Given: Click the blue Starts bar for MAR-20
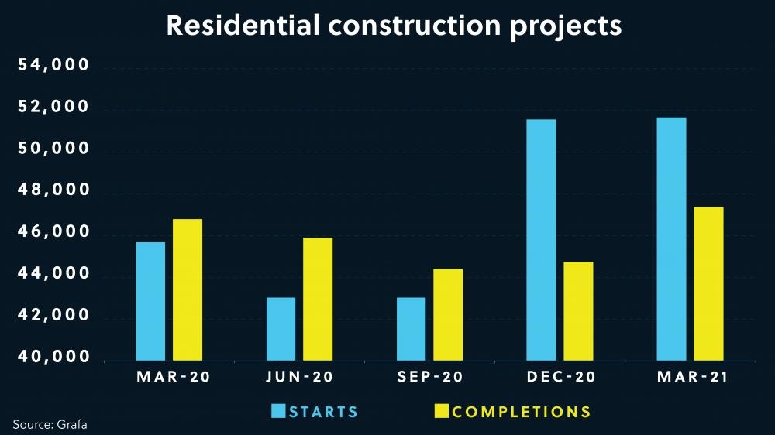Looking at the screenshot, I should tap(150, 301).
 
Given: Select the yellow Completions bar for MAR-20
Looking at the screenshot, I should tap(188, 289).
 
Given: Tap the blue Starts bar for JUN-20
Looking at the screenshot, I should tap(281, 329).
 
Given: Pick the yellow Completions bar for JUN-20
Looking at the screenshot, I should tap(318, 299).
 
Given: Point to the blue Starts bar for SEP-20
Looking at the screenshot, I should tap(411, 329).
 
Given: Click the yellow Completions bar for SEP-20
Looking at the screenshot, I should tap(448, 314).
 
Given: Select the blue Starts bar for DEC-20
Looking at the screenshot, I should tap(541, 240).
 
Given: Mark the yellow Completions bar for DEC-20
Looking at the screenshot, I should tap(578, 310).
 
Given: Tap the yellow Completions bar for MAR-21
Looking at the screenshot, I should tap(708, 283).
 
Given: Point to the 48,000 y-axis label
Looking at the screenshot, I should tap(55, 191).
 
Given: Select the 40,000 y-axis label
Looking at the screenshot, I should tap(55, 358).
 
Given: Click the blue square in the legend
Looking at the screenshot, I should tap(278, 411).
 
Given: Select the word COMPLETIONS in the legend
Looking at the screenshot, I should tap(522, 412).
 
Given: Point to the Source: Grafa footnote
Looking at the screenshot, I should tap(46, 424).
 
